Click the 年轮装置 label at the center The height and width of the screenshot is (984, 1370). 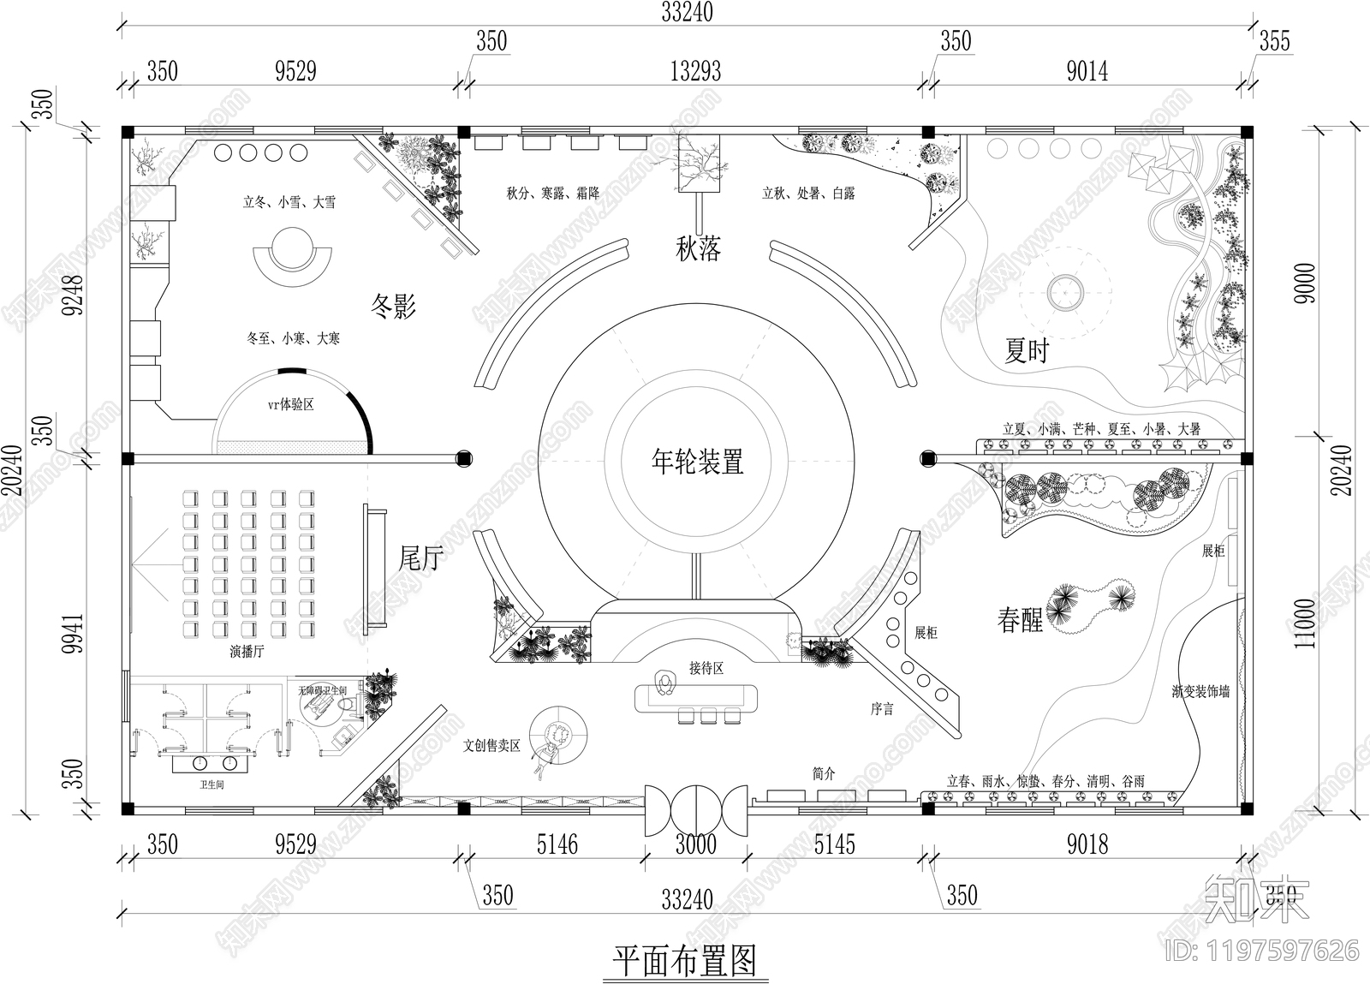(x=697, y=462)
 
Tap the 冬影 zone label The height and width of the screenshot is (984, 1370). (x=393, y=305)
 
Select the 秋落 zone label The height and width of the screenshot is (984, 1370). (x=698, y=249)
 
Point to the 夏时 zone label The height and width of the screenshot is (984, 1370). (x=1026, y=350)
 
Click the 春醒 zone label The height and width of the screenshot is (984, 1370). (x=1020, y=619)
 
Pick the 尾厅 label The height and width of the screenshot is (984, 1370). (x=421, y=558)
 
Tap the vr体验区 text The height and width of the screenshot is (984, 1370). (x=290, y=404)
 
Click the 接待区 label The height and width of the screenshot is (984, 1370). (x=706, y=668)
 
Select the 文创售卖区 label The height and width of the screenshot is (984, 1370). (x=491, y=746)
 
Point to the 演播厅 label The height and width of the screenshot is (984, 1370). (x=247, y=652)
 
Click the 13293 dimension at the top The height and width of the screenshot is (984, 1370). (x=695, y=71)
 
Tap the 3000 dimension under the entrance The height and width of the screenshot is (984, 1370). (x=695, y=845)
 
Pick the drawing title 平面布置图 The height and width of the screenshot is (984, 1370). (x=685, y=961)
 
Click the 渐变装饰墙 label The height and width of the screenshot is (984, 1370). (x=1200, y=691)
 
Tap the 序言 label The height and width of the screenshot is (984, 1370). (x=882, y=709)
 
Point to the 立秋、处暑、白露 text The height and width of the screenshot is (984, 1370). (x=808, y=194)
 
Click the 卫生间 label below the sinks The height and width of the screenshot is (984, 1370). (x=211, y=784)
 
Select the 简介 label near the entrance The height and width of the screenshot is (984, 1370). (x=823, y=774)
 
